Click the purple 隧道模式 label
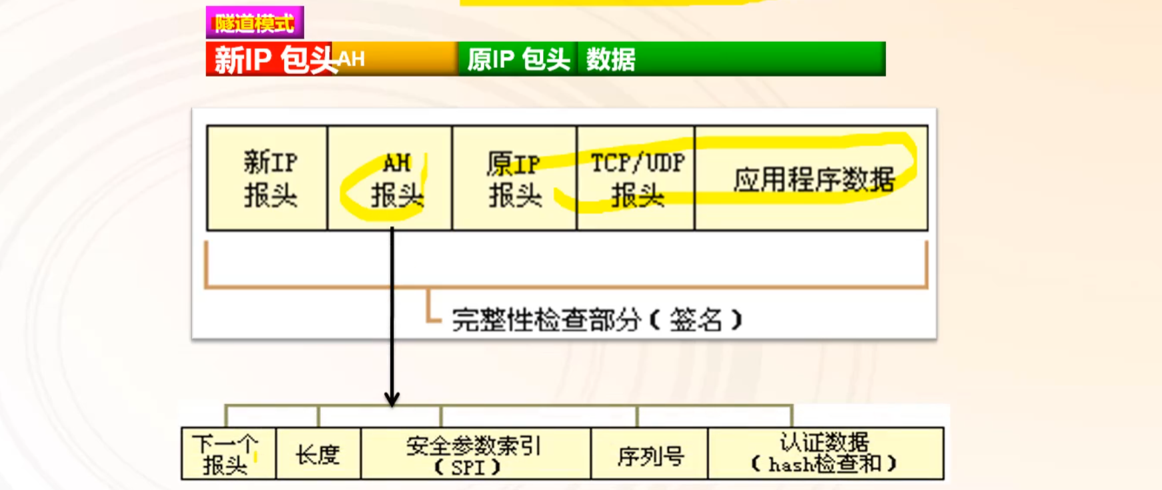click(255, 23)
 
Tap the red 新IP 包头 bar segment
click(270, 59)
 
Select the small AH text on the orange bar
click(352, 59)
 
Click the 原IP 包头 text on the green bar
click(518, 59)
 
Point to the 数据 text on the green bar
click(610, 59)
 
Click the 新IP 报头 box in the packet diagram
click(268, 179)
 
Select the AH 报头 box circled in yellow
click(391, 179)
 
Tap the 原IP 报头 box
click(514, 179)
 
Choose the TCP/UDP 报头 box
click(636, 179)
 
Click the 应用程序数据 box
click(812, 179)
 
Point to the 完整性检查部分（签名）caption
click(596, 320)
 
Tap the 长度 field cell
click(318, 455)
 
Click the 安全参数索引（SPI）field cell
click(475, 455)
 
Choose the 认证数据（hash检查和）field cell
click(825, 453)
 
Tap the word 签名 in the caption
click(696, 320)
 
